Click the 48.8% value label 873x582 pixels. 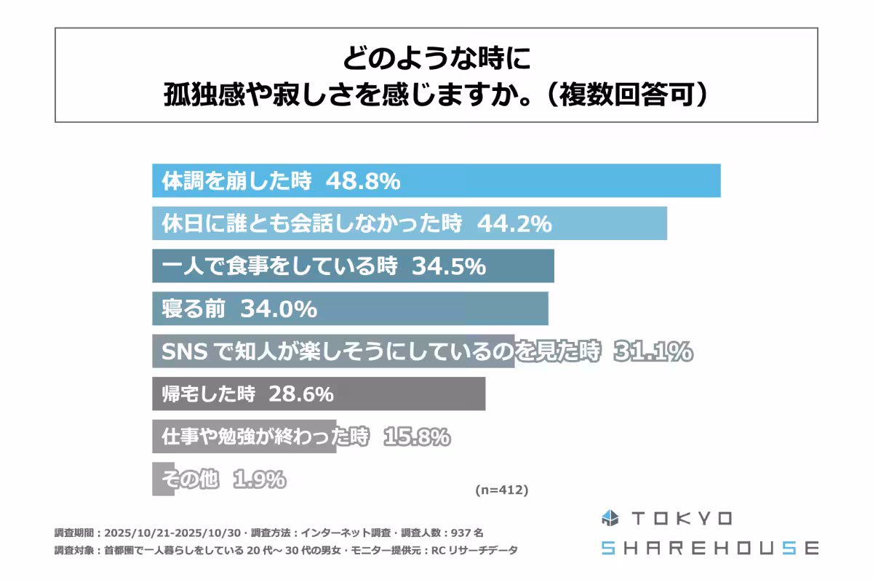click(x=363, y=181)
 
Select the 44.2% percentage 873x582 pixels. click(x=514, y=224)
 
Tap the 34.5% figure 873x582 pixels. click(x=449, y=266)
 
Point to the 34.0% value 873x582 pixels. click(x=280, y=309)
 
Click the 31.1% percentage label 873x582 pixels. click(x=653, y=352)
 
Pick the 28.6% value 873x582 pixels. click(x=301, y=394)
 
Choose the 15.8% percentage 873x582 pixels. click(x=412, y=437)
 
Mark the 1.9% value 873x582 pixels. click(x=260, y=479)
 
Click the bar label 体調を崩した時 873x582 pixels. click(x=236, y=181)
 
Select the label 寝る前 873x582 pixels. click(x=190, y=309)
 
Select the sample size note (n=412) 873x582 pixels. click(x=501, y=490)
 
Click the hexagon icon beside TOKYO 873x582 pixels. click(x=610, y=519)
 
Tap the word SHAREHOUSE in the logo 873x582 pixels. click(x=709, y=548)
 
